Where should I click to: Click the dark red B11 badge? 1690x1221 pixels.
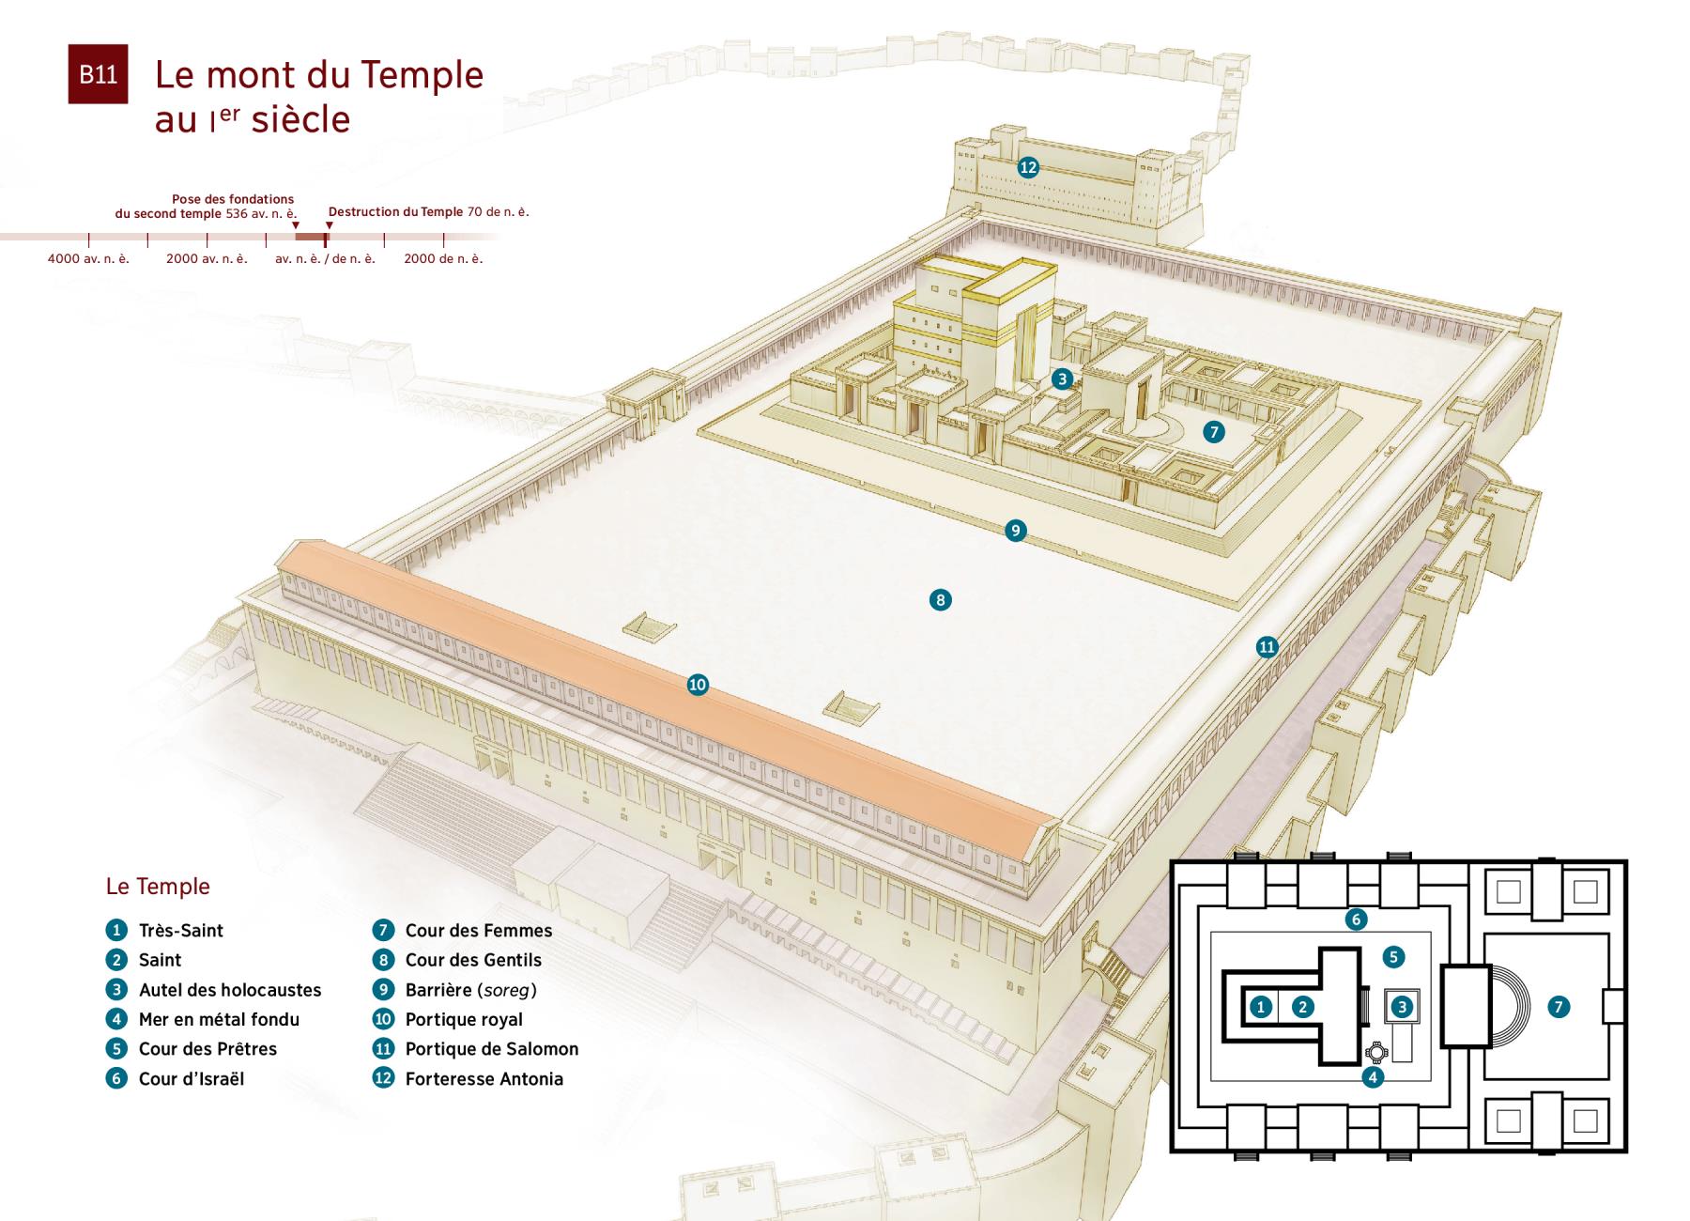pyautogui.click(x=98, y=74)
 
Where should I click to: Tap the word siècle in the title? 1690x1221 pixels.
pyautogui.click(x=300, y=120)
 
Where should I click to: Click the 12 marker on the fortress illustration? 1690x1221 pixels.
pyautogui.click(x=1028, y=167)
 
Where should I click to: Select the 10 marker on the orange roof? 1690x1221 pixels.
pyautogui.click(x=698, y=685)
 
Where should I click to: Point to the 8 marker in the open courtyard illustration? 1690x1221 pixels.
pyautogui.click(x=940, y=599)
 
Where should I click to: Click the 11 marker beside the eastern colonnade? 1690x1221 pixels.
pyautogui.click(x=1267, y=646)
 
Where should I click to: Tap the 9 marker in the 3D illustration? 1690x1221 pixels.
pyautogui.click(x=1015, y=531)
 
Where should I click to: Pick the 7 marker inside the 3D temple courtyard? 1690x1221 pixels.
pyautogui.click(x=1214, y=432)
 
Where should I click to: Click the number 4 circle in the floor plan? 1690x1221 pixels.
pyautogui.click(x=1373, y=1077)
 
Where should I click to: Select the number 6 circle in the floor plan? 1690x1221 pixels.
pyautogui.click(x=1355, y=920)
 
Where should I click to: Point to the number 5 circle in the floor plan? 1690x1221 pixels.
pyautogui.click(x=1393, y=957)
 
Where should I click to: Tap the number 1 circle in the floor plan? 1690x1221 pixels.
pyautogui.click(x=1261, y=1007)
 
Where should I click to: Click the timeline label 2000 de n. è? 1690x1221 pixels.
pyautogui.click(x=443, y=258)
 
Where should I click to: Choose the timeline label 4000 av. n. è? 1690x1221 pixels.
pyautogui.click(x=88, y=258)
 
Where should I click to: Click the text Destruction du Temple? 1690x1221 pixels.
pyautogui.click(x=395, y=211)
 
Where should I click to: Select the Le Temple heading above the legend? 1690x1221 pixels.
pyautogui.click(x=158, y=886)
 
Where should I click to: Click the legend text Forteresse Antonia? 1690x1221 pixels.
pyautogui.click(x=484, y=1079)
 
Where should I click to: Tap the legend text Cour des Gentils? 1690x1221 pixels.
pyautogui.click(x=473, y=960)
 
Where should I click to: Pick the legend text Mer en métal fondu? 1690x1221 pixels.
pyautogui.click(x=219, y=1019)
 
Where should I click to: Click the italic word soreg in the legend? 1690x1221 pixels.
pyautogui.click(x=506, y=990)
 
